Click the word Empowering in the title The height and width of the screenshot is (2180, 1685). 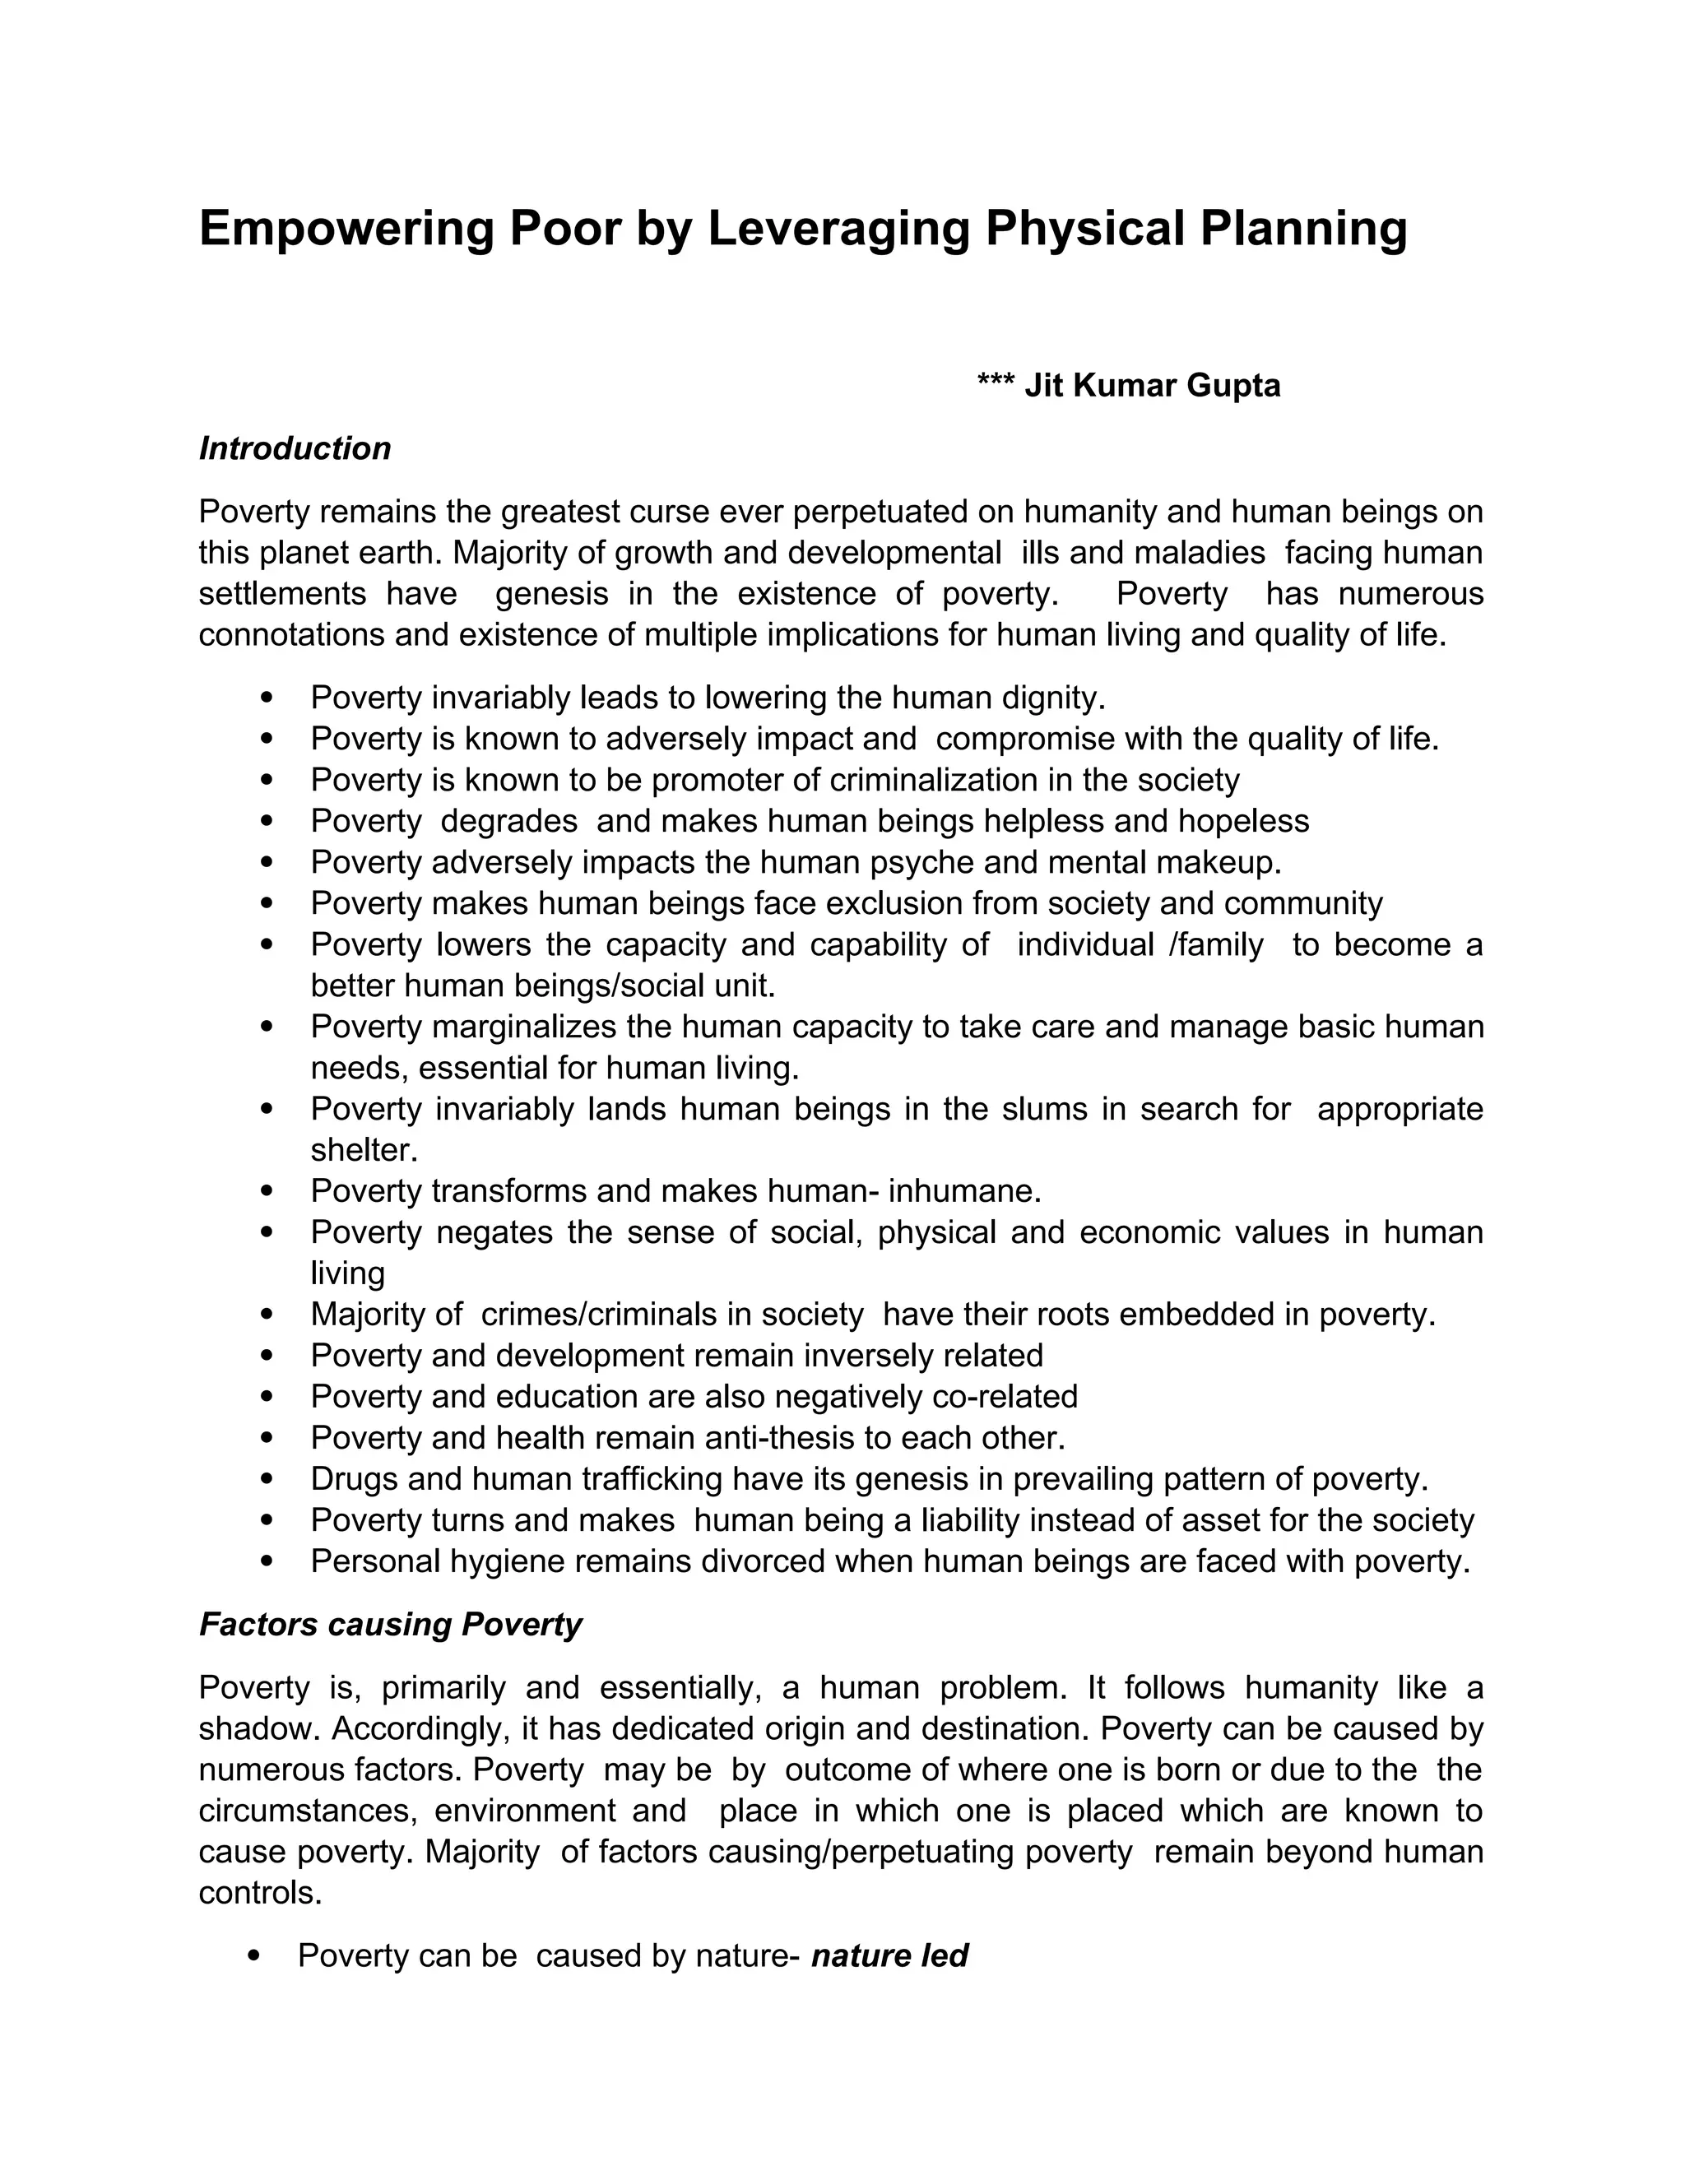[x=346, y=229]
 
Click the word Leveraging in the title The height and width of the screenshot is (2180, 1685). [x=838, y=229]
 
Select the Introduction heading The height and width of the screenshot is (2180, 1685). [x=295, y=448]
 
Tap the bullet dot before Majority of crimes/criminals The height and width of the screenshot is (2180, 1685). [x=266, y=1315]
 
